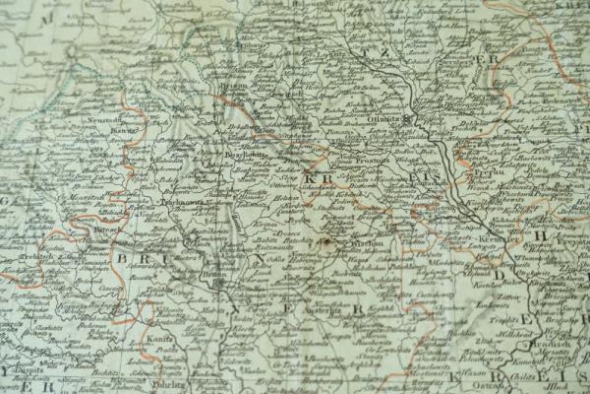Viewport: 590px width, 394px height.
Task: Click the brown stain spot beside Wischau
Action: pos(326,239)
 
